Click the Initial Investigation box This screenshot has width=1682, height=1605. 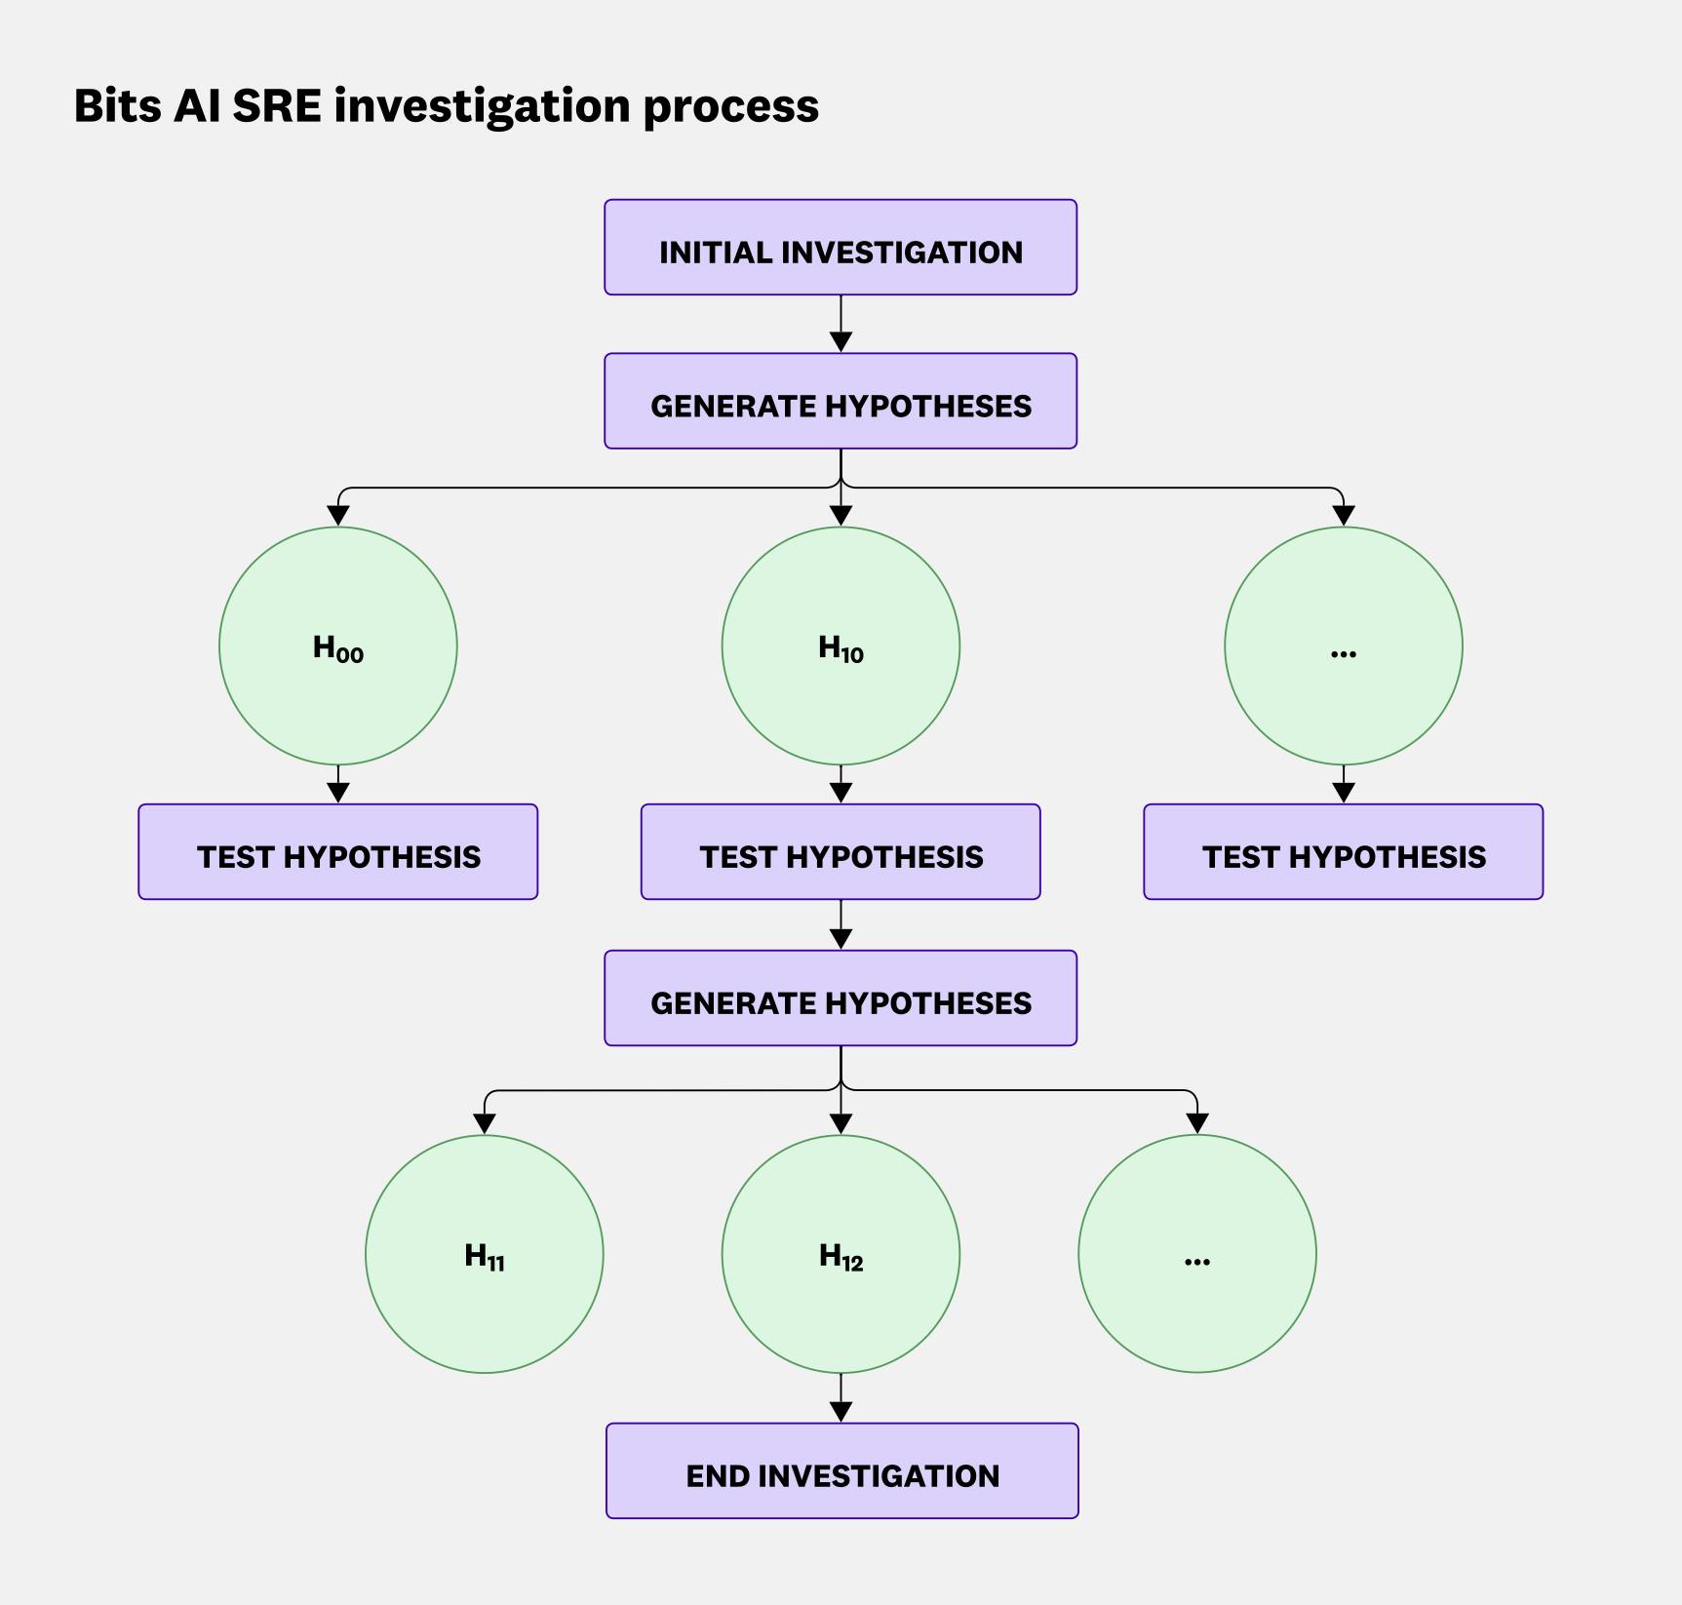coord(841,248)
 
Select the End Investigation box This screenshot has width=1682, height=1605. coord(841,1470)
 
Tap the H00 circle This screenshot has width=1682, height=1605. coord(338,646)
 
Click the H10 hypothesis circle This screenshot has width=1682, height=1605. coord(841,646)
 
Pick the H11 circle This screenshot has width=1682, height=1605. coord(485,1254)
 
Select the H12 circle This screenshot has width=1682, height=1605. coord(841,1254)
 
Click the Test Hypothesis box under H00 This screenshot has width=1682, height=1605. coord(338,852)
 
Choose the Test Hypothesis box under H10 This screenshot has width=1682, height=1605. coord(841,852)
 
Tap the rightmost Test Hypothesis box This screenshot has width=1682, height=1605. coord(1343,852)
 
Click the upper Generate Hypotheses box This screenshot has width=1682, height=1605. coord(841,402)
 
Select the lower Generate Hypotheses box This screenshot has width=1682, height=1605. coord(841,998)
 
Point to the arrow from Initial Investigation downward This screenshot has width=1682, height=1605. coord(841,325)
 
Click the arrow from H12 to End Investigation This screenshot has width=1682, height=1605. coord(841,1399)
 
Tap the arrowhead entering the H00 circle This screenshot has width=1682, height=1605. coord(338,515)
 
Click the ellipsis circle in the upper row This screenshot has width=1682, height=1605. coord(1343,646)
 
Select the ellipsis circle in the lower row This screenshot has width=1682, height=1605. coord(1197,1254)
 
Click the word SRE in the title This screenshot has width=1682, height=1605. coord(277,105)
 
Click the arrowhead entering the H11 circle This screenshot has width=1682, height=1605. coord(485,1123)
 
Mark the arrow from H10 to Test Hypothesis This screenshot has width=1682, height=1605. coord(841,785)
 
